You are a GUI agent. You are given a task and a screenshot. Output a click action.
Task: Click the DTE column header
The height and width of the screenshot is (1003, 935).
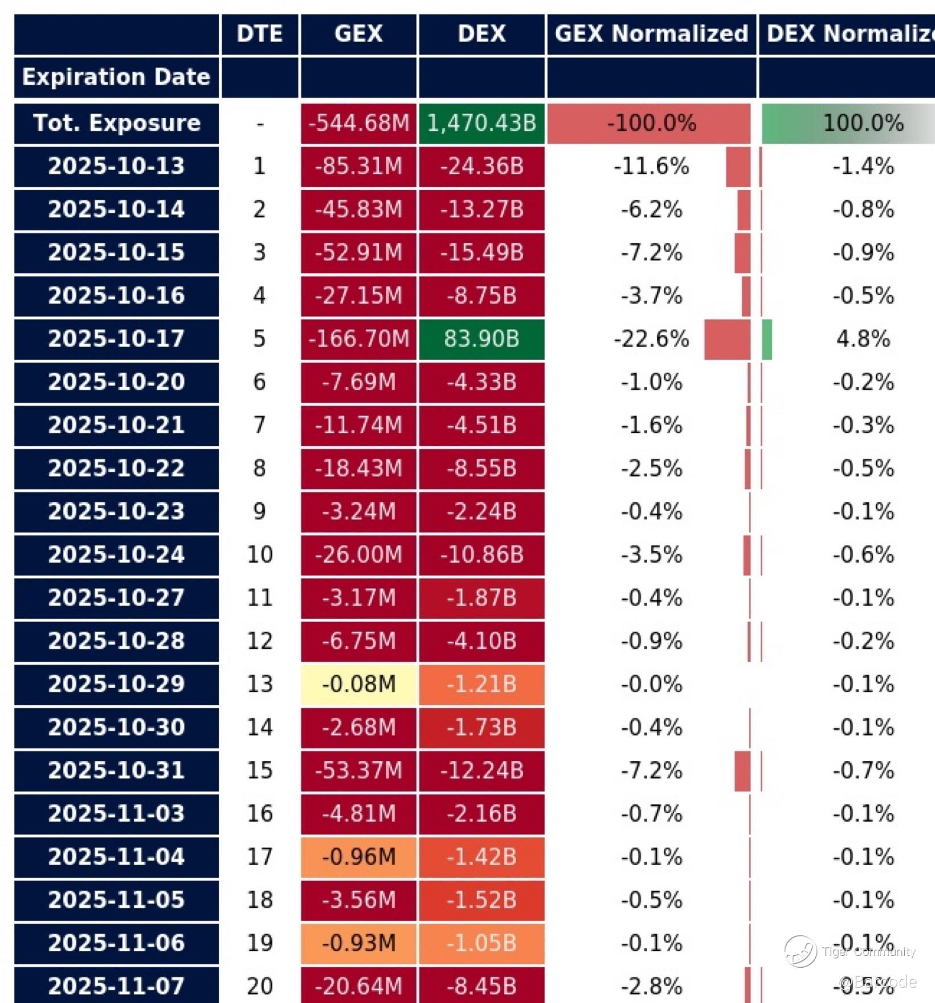click(260, 34)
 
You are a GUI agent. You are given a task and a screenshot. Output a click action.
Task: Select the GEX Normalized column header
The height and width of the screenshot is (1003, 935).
click(651, 34)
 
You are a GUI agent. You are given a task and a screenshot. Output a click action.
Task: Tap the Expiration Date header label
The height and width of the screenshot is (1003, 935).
click(116, 77)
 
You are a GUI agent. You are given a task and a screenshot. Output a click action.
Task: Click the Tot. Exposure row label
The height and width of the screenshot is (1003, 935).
click(116, 123)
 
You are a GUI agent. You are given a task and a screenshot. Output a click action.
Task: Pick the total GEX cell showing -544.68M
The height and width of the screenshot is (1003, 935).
click(358, 123)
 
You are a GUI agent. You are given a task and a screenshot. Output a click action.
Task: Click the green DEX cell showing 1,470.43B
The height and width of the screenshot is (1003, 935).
click(481, 123)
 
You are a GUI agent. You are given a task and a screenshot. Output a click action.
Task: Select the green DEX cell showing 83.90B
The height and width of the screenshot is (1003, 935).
click(481, 339)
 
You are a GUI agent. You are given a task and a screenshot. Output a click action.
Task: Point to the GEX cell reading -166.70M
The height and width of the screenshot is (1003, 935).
click(358, 339)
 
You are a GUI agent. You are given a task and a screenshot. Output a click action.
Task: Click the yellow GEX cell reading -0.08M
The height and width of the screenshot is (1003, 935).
click(358, 684)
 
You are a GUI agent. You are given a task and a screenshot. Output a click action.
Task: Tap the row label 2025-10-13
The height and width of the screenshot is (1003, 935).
click(116, 166)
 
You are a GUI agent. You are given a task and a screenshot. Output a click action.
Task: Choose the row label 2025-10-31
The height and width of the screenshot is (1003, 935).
click(116, 770)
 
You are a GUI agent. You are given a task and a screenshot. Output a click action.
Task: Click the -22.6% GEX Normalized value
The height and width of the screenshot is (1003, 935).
click(651, 339)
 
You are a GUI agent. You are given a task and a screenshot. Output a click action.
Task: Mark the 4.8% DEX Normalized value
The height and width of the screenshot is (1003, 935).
click(863, 339)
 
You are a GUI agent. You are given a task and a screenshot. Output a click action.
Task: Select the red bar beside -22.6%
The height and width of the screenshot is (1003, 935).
click(727, 339)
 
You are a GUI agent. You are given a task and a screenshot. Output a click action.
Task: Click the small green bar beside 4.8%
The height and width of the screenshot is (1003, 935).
click(767, 339)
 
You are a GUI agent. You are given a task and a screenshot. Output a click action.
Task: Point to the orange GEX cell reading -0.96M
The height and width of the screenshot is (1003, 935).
click(358, 857)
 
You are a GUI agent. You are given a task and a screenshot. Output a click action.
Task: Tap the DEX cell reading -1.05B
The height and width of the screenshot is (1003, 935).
click(481, 943)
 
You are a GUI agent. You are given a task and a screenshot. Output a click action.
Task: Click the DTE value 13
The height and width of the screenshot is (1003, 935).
click(260, 684)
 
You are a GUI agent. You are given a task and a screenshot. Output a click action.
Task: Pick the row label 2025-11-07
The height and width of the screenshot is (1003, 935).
click(116, 986)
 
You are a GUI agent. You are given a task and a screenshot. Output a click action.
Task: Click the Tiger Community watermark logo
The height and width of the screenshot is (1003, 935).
click(801, 951)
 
